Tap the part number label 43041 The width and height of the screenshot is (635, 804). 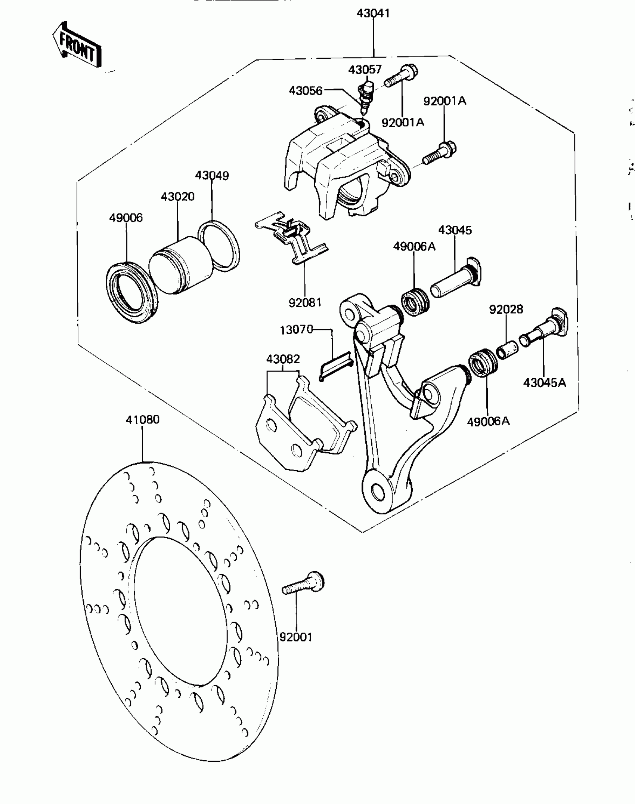coord(373,13)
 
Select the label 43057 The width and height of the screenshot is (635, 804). coord(365,70)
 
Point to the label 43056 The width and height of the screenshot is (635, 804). coord(306,90)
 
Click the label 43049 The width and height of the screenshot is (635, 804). coord(212,176)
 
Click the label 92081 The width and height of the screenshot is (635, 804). coord(305,302)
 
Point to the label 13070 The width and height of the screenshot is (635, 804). coord(296,330)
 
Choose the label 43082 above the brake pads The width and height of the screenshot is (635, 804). coord(283,359)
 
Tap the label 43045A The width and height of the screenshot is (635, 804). coord(545,382)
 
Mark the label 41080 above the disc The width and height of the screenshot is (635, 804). coord(143,419)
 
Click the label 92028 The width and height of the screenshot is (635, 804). coord(506,309)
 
